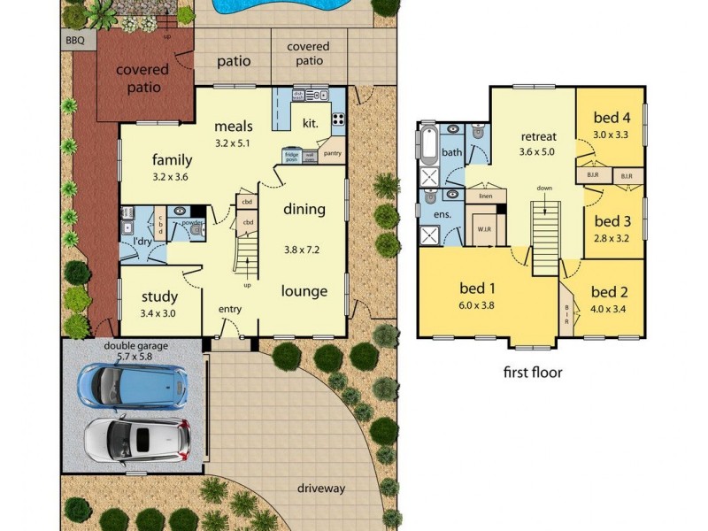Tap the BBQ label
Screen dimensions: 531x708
click(x=74, y=41)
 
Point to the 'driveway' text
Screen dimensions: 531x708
click(x=320, y=488)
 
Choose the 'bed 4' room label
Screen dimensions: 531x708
click(x=611, y=117)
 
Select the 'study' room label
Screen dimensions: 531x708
click(x=160, y=296)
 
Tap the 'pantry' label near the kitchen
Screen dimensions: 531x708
click(x=334, y=153)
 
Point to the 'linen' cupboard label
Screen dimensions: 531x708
click(x=485, y=196)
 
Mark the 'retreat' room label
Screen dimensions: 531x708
click(x=538, y=136)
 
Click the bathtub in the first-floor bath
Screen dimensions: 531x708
click(x=429, y=145)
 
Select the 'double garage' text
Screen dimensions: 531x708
click(x=135, y=345)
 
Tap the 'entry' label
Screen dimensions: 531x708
click(x=230, y=309)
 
